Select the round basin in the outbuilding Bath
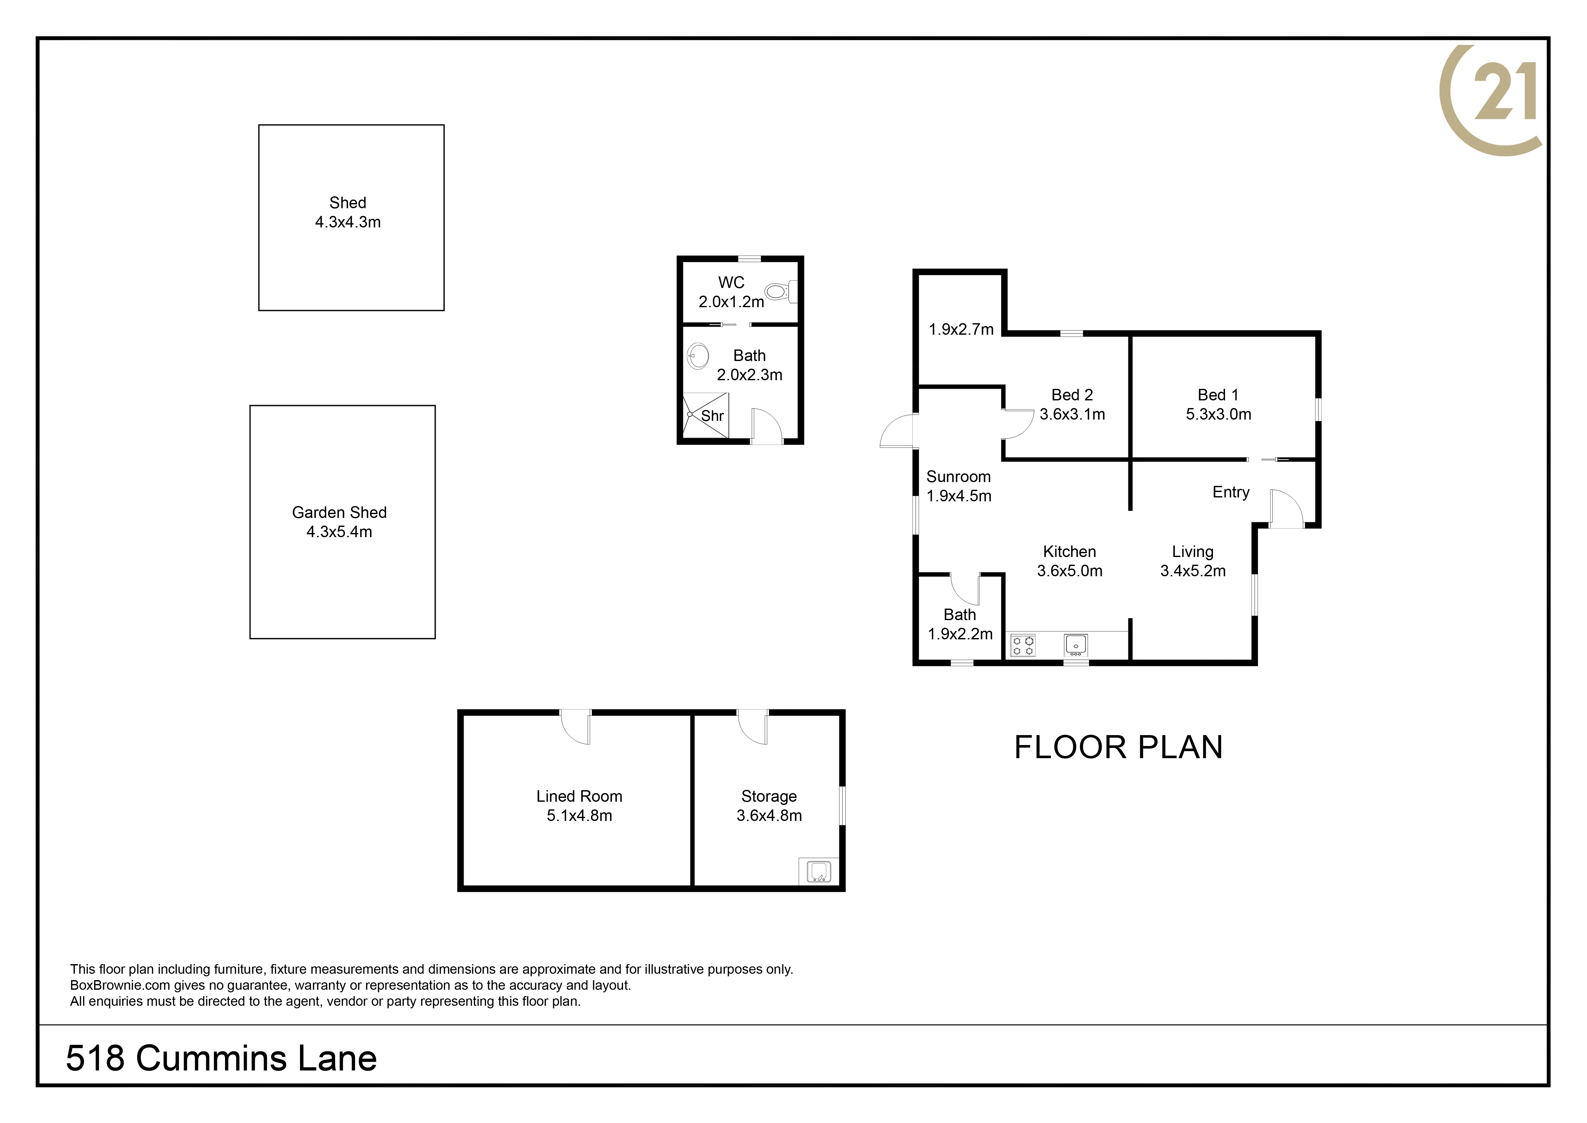point(697,357)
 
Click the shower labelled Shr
point(706,415)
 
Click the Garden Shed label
point(339,512)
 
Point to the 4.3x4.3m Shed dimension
point(348,222)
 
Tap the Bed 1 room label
point(1218,395)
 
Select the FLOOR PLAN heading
point(1118,747)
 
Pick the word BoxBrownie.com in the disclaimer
point(120,985)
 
